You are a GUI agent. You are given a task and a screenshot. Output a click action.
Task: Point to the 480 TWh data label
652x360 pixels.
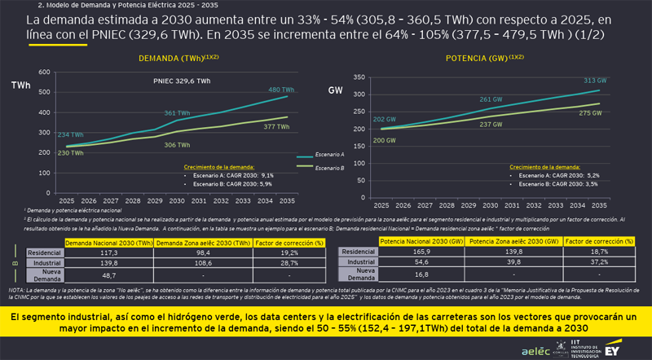tap(280, 90)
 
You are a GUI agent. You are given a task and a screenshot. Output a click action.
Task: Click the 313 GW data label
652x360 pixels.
tap(595, 81)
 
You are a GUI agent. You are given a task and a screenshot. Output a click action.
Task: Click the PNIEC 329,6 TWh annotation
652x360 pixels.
tap(181, 81)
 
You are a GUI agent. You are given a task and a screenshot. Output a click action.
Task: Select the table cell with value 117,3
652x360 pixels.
tap(110, 253)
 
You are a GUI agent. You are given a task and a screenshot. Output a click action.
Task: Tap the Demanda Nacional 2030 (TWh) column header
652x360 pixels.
tap(110, 243)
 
